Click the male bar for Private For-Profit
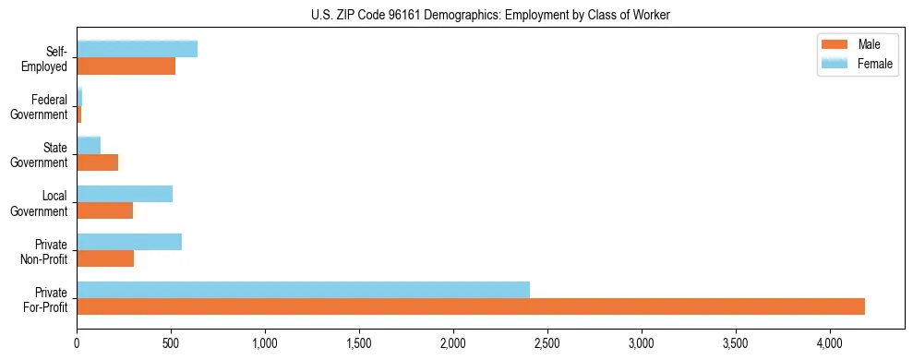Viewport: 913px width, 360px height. click(x=471, y=306)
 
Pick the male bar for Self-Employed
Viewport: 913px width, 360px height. click(x=126, y=66)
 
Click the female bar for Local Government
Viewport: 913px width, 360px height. click(x=125, y=194)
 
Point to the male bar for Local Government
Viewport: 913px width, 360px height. click(x=104, y=210)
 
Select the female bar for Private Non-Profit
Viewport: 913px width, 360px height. click(x=129, y=242)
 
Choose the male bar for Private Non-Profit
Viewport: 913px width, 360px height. click(x=105, y=258)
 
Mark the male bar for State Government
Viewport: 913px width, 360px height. click(x=97, y=162)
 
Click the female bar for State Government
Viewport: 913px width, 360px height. click(x=89, y=145)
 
